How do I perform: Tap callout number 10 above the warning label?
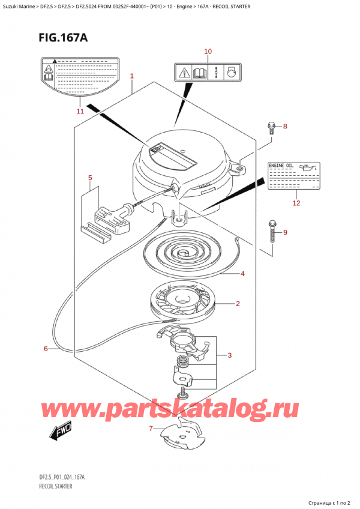(208, 52)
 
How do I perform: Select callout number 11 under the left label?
(81, 111)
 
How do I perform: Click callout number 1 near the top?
(131, 76)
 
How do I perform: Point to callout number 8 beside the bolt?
(285, 127)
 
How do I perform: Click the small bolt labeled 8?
(271, 127)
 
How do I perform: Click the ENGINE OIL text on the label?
(280, 164)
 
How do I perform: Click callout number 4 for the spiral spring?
(242, 274)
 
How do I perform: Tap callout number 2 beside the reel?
(238, 304)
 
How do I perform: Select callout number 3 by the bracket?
(229, 356)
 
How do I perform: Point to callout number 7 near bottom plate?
(151, 428)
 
